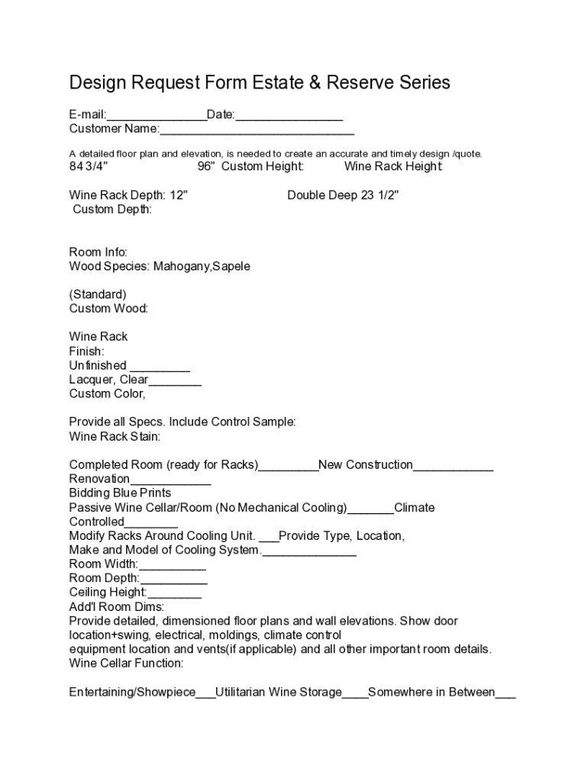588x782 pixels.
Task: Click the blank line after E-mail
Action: point(156,116)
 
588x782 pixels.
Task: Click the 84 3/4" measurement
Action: point(89,166)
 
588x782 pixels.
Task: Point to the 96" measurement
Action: point(206,166)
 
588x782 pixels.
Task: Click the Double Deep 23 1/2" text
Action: point(343,195)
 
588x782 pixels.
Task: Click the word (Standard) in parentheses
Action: point(98,295)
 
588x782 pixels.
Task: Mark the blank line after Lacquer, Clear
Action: point(175,381)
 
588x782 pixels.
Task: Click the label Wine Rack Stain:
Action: point(115,437)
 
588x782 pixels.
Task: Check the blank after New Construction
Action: point(453,466)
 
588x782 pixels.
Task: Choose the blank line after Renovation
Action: point(170,480)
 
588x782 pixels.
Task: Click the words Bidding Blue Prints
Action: point(120,493)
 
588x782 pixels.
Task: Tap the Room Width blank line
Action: point(173,566)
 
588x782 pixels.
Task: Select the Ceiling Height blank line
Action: point(175,593)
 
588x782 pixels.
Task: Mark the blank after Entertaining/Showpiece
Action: point(205,694)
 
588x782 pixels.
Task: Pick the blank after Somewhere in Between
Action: point(506,694)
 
